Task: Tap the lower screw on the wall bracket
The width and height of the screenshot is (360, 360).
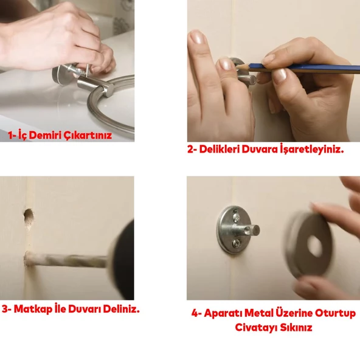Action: (236, 243)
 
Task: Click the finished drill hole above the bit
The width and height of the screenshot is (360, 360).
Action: (29, 218)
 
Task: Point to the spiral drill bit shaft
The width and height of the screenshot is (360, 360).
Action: (66, 260)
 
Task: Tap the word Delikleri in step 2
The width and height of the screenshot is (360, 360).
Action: (220, 149)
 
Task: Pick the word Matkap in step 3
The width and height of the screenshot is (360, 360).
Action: (33, 310)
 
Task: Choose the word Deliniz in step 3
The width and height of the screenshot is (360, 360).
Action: (121, 309)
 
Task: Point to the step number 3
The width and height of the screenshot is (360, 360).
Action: (5, 310)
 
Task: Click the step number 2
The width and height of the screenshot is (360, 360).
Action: (191, 150)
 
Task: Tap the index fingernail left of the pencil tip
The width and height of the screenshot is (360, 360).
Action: (226, 64)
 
